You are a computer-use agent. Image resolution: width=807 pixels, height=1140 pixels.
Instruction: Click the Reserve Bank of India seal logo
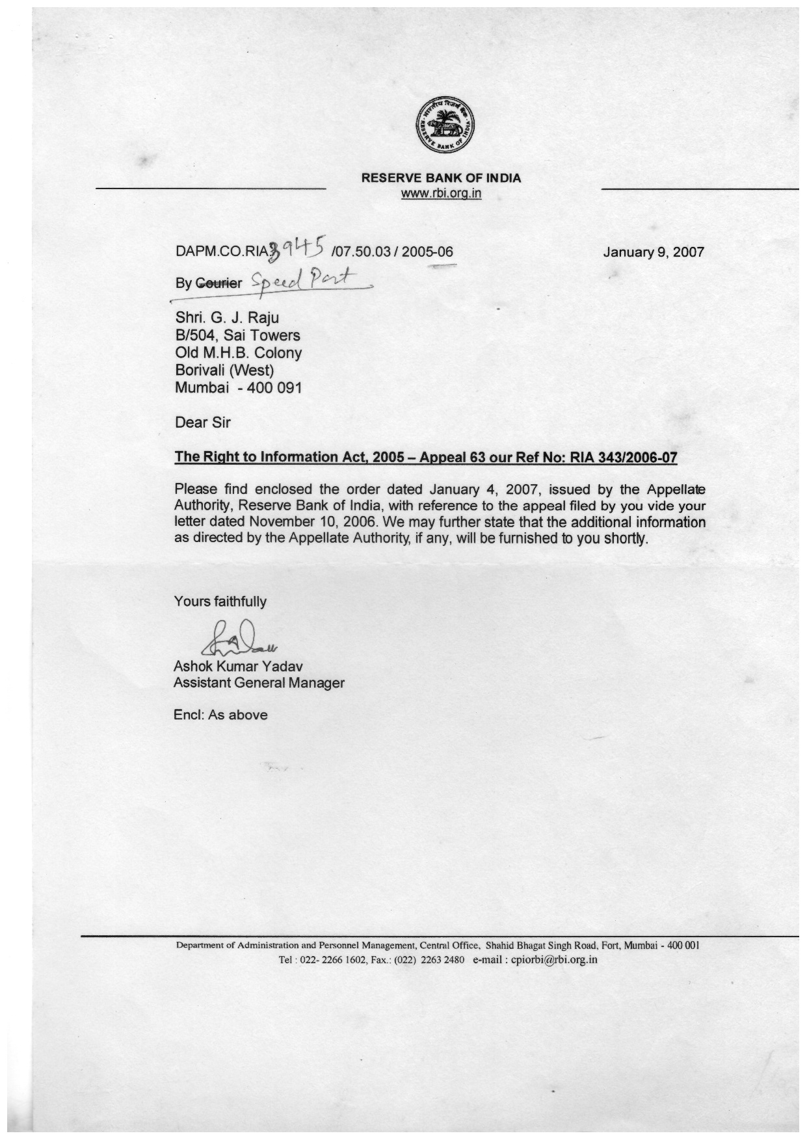445,124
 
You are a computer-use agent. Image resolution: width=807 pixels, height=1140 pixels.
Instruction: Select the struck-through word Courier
218,283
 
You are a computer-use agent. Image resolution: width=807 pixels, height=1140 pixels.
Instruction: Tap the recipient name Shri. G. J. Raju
227,318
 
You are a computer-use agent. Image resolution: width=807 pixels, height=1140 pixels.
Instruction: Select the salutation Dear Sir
202,422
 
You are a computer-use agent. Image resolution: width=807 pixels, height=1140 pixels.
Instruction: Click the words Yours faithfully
220,601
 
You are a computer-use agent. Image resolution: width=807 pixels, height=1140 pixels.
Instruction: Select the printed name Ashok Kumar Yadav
238,666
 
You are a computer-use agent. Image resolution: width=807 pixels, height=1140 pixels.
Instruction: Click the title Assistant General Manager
259,683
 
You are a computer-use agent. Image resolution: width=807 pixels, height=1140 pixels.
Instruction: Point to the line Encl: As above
220,715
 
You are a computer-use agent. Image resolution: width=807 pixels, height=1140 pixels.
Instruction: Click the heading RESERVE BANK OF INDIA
441,177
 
